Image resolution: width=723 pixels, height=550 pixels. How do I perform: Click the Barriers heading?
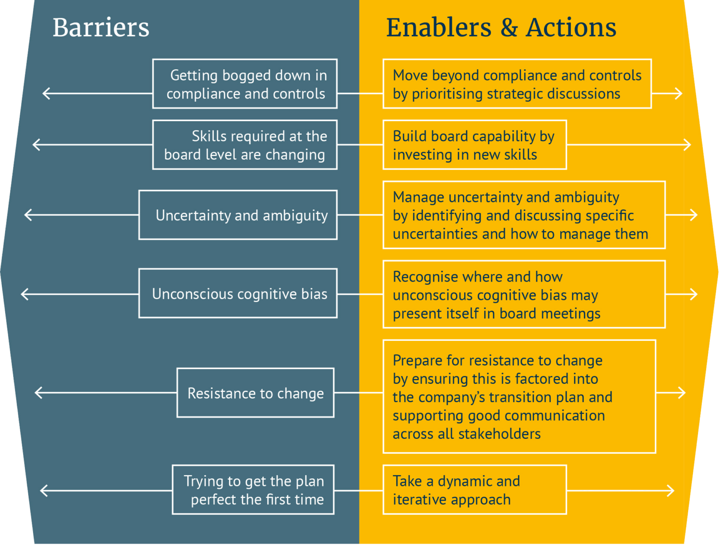click(101, 28)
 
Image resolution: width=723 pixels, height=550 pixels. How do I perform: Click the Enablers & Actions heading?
click(501, 28)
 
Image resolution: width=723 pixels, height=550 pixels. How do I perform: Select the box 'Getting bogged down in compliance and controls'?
click(245, 84)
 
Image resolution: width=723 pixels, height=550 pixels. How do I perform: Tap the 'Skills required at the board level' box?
click(245, 145)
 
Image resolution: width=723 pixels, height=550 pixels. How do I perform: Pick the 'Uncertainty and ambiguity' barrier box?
click(238, 215)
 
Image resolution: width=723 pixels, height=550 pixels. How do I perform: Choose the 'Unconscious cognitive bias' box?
click(238, 294)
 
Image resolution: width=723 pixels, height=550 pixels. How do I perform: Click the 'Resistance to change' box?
click(256, 393)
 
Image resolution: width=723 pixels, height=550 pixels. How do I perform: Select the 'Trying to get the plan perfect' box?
click(253, 490)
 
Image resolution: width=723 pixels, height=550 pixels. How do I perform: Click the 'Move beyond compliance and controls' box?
click(517, 84)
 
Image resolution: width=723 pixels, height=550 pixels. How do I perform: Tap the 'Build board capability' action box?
click(474, 145)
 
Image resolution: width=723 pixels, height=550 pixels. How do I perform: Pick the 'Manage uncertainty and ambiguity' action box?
click(524, 215)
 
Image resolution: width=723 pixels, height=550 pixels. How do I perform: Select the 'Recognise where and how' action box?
click(524, 294)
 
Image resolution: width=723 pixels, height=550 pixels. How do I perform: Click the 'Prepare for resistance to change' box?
click(519, 396)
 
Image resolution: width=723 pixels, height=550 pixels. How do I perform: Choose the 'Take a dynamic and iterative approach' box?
click(474, 490)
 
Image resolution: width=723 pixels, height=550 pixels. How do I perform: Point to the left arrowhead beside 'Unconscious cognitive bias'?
click(25, 294)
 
